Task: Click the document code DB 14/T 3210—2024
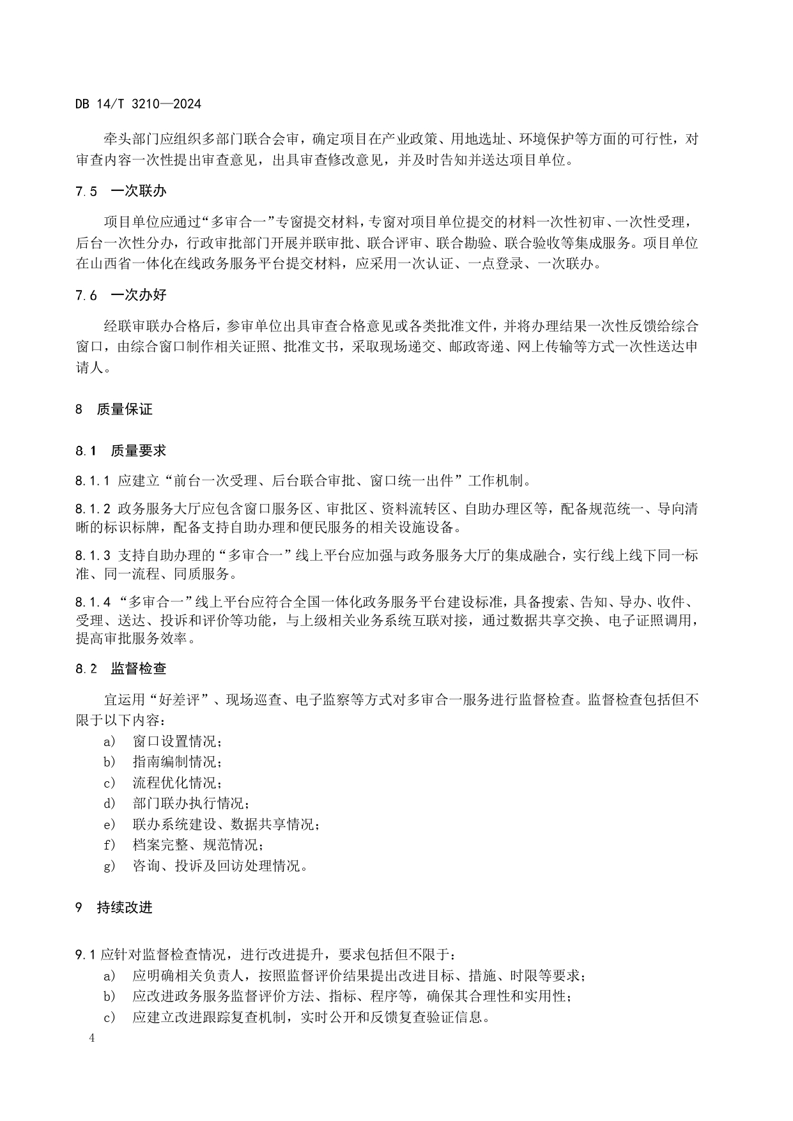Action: (138, 104)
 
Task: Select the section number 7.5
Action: (86, 191)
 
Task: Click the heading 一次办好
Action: (138, 295)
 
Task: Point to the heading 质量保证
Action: (125, 409)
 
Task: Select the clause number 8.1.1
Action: (93, 480)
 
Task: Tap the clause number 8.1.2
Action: (93, 509)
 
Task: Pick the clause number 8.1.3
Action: (93, 556)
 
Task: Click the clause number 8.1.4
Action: (93, 602)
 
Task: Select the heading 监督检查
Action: (138, 669)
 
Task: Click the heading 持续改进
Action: (125, 908)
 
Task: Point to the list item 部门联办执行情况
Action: (190, 804)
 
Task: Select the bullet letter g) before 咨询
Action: (109, 866)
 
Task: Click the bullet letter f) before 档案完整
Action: (109, 845)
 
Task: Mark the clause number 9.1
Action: (86, 955)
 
